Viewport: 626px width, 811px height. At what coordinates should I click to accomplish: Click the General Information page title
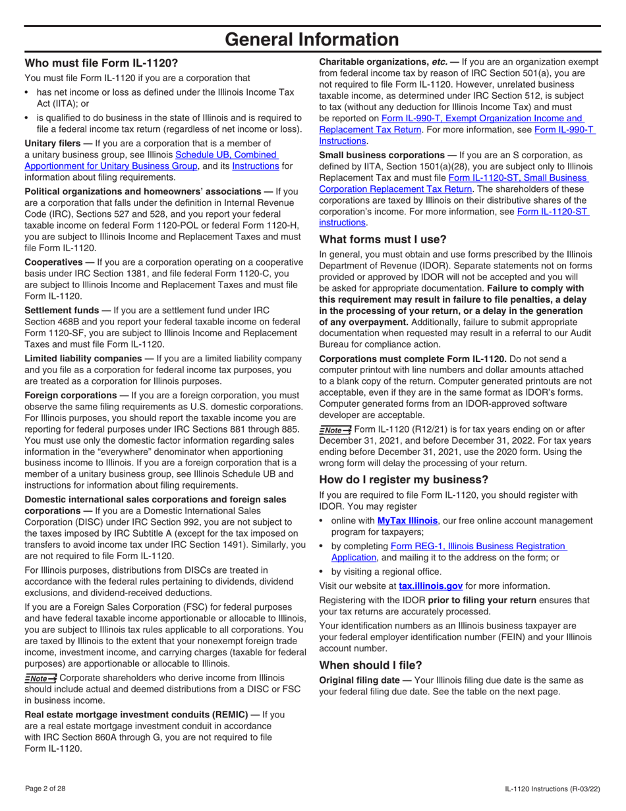(x=312, y=40)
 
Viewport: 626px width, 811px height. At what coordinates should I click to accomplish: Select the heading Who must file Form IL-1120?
(x=101, y=64)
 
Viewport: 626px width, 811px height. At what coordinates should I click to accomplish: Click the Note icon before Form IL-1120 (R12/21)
(x=335, y=430)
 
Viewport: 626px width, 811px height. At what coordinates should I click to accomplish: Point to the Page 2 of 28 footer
(x=45, y=789)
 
